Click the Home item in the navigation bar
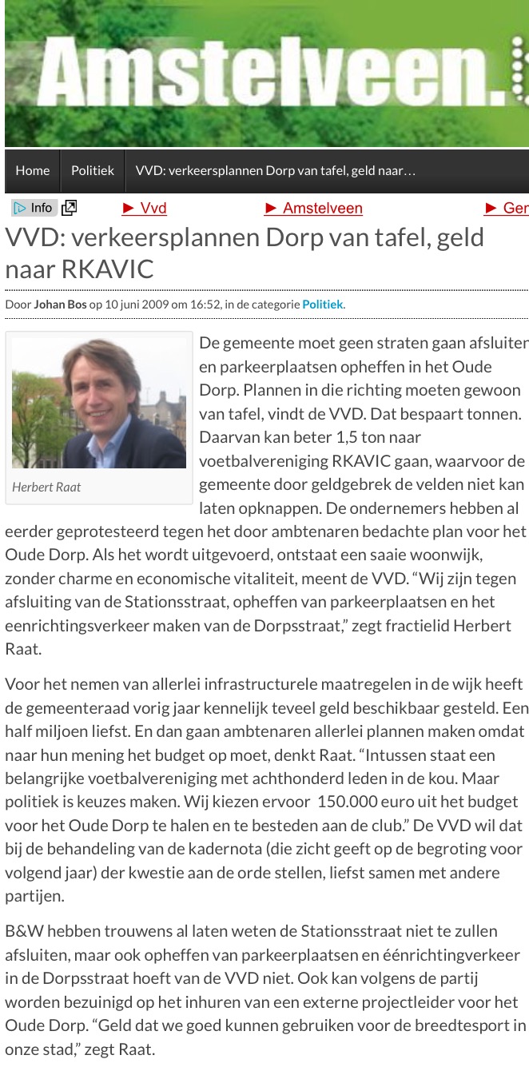[x=33, y=170]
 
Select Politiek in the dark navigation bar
[x=93, y=170]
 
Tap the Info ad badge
[x=34, y=208]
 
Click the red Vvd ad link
[x=145, y=209]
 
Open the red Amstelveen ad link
[x=313, y=209]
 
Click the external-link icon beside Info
[x=70, y=208]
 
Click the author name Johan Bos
[x=60, y=305]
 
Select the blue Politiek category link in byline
[x=322, y=305]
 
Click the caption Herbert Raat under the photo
[x=46, y=487]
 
